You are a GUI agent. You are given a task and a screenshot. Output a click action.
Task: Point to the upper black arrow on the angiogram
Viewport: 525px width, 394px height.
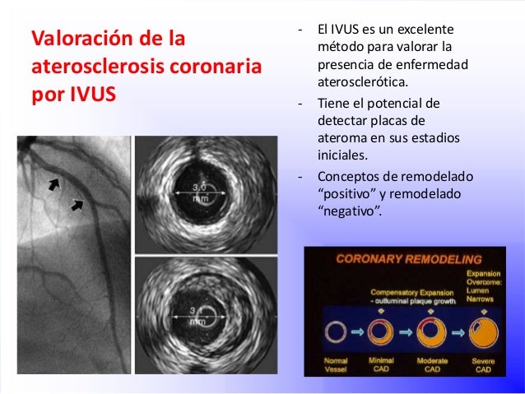pos(53,184)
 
